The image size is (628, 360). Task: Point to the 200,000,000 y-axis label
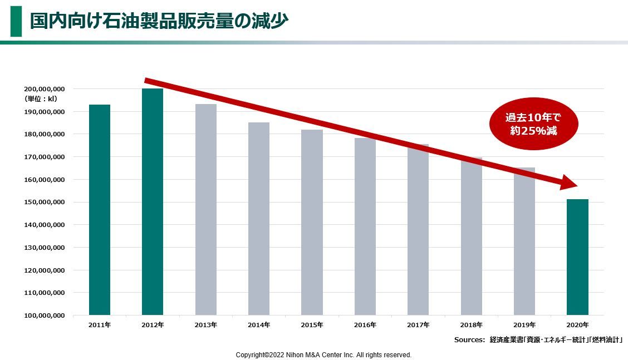[x=45, y=89]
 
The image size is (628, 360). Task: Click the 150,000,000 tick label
[x=45, y=203]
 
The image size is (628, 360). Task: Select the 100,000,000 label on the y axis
[x=45, y=315]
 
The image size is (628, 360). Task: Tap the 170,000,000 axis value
[x=45, y=157]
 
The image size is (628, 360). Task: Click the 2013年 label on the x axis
[x=206, y=325]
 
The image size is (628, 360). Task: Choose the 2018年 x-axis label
[x=472, y=325]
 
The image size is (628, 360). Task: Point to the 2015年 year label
[x=312, y=325]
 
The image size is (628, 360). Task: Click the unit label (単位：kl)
[x=41, y=99]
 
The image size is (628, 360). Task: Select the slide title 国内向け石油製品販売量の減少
[x=159, y=22]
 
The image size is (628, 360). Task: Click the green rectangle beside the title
[x=16, y=21]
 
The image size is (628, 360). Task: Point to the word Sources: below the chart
[x=469, y=339]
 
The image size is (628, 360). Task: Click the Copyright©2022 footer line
[x=323, y=355]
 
